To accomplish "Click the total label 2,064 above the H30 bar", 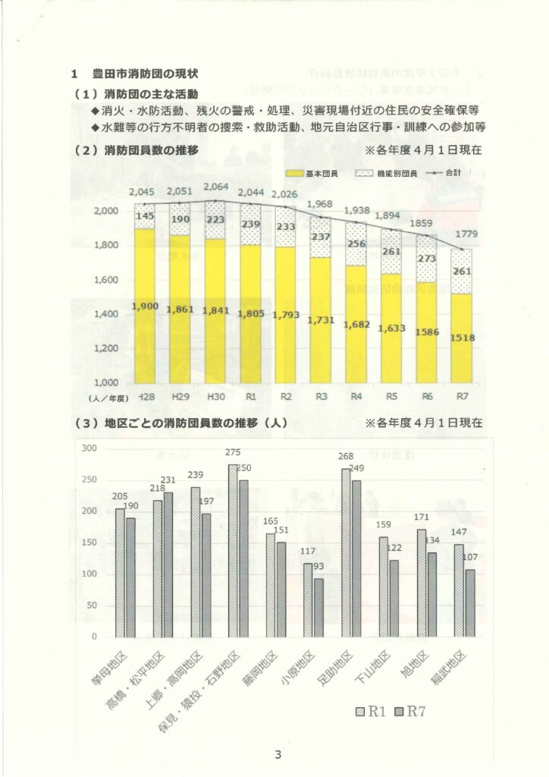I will [x=216, y=187].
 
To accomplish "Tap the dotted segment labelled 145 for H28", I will [x=145, y=215].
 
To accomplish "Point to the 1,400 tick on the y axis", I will [x=111, y=314].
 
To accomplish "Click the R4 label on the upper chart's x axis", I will [x=356, y=396].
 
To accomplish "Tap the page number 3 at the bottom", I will [x=278, y=754].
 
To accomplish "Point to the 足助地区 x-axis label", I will [x=339, y=668].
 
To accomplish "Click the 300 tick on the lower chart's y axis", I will [x=90, y=448].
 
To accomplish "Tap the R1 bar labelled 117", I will [x=309, y=599].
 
